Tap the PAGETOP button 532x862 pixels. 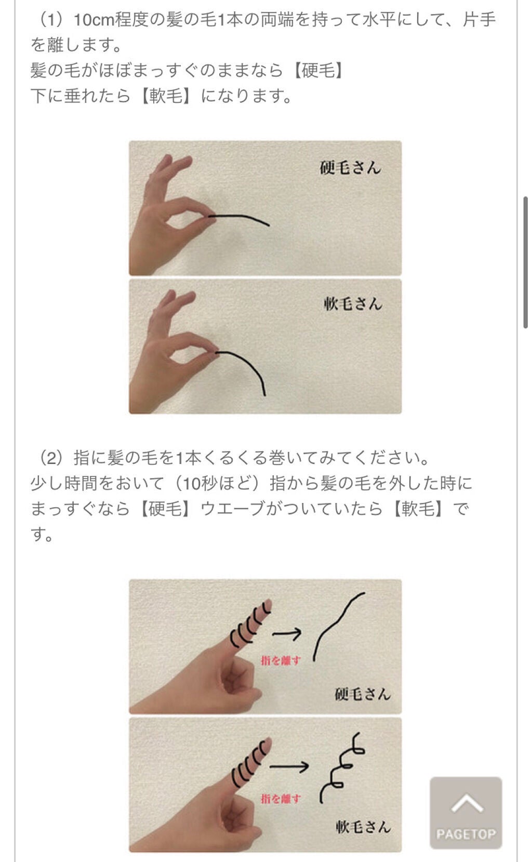click(466, 813)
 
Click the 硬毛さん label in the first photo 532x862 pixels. click(350, 168)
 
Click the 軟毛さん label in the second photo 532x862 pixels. click(353, 304)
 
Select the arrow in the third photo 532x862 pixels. click(287, 633)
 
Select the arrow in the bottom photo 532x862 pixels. click(289, 766)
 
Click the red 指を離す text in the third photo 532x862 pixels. click(281, 660)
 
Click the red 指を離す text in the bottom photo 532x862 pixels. click(281, 799)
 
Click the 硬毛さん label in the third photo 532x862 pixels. click(362, 694)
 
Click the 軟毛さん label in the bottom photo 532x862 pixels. click(362, 826)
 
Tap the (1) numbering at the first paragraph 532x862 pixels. click(51, 20)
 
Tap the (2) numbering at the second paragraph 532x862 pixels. click(51, 458)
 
